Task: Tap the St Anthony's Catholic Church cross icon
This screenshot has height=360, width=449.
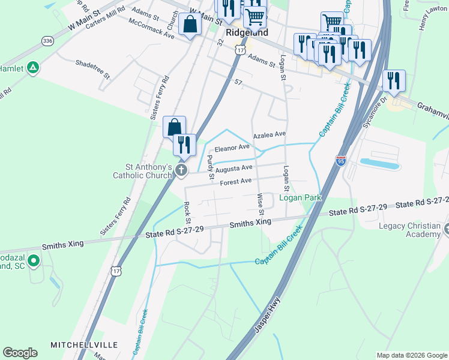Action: click(x=181, y=172)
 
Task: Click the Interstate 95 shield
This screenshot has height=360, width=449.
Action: click(x=341, y=160)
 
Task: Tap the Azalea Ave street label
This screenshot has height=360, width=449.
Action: click(x=270, y=136)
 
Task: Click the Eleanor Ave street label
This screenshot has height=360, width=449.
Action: click(x=232, y=148)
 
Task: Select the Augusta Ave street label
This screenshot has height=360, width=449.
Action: click(x=234, y=169)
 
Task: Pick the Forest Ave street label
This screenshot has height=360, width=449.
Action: click(x=235, y=182)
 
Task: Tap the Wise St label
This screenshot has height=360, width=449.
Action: click(x=261, y=204)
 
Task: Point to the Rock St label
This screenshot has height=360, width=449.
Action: click(x=187, y=210)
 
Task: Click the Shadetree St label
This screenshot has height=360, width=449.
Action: click(x=92, y=68)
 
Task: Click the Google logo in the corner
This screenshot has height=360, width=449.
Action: click(x=20, y=352)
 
